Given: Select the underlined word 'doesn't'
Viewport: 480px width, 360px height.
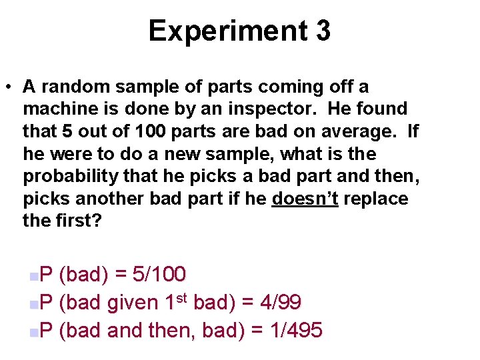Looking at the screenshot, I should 305,199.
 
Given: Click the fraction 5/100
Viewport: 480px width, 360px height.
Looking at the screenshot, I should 160,274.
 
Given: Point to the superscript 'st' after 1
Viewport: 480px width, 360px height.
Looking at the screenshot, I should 183,297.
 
